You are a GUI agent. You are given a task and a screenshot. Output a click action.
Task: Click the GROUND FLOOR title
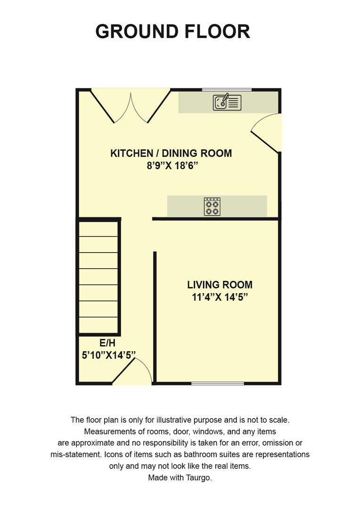pos(172,32)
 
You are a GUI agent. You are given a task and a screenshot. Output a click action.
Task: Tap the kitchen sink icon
pos(227,102)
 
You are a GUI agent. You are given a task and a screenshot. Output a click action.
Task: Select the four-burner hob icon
pos(212,207)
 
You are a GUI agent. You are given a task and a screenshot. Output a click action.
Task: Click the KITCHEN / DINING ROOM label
pos(171,153)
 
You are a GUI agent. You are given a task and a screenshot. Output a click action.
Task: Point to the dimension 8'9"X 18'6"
pos(171,166)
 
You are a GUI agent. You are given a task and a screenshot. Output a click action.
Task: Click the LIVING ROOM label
pos(220,285)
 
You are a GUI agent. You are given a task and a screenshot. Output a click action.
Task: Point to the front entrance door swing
pos(134,372)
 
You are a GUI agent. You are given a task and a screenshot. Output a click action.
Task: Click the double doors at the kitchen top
pos(131,107)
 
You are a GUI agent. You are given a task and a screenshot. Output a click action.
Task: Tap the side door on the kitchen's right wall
pos(266,132)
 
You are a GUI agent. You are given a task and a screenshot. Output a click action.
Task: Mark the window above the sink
pos(227,90)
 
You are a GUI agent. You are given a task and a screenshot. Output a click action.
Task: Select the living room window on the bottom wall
pos(218,384)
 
